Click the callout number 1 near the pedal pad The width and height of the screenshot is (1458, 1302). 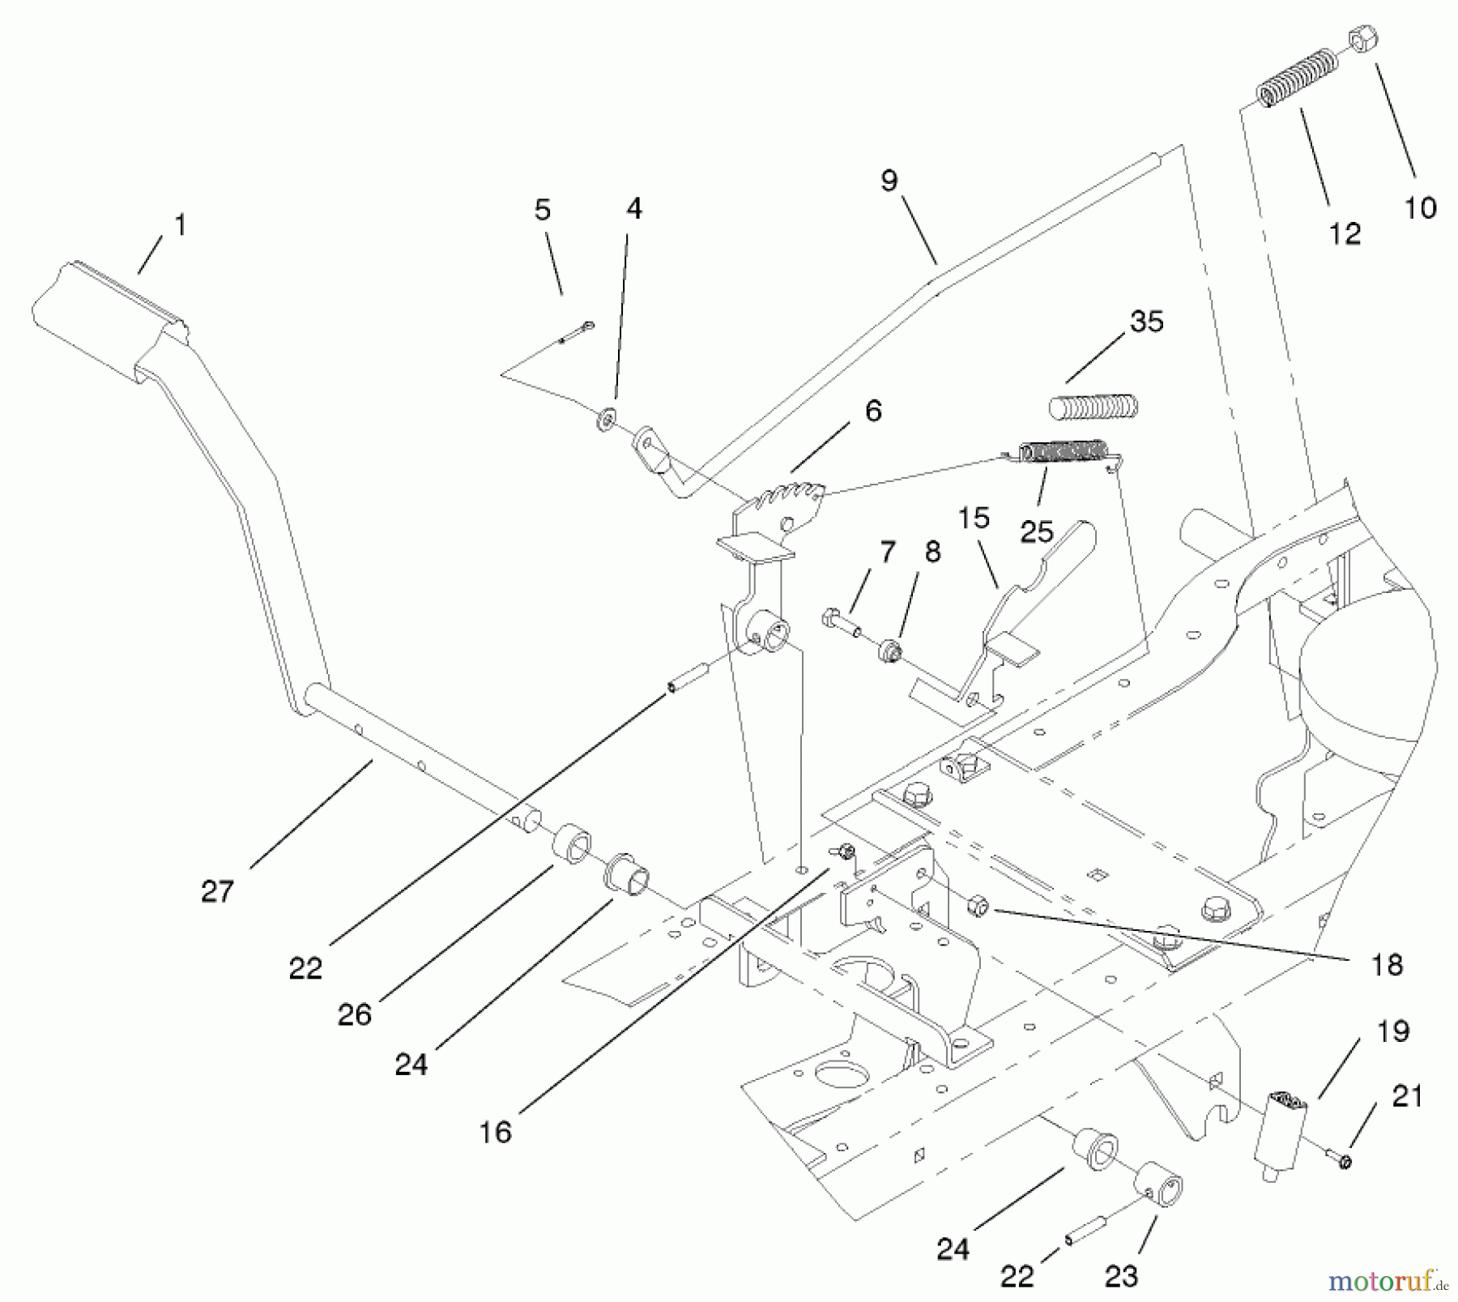[x=181, y=224]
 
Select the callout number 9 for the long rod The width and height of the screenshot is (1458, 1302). [x=889, y=181]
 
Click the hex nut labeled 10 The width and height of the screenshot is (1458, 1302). [x=1363, y=37]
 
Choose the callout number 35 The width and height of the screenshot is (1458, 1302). [x=1146, y=321]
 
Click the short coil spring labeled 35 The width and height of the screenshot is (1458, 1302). [x=1093, y=407]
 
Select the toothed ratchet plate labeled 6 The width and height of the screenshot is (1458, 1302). [x=782, y=497]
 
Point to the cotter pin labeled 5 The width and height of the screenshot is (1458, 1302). [x=577, y=332]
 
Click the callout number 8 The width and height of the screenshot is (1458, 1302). [x=932, y=553]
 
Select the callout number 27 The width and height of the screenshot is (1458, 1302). [x=217, y=891]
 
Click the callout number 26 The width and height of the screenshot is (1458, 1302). [x=354, y=1014]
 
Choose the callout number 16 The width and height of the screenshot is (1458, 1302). [x=495, y=1131]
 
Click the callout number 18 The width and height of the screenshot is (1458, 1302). [x=1387, y=964]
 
